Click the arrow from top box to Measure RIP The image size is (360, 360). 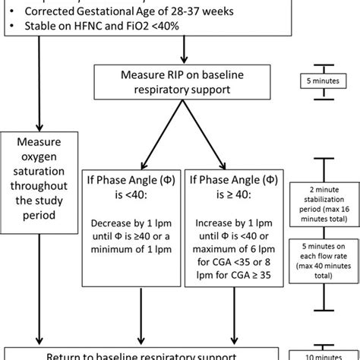click(x=185, y=52)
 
